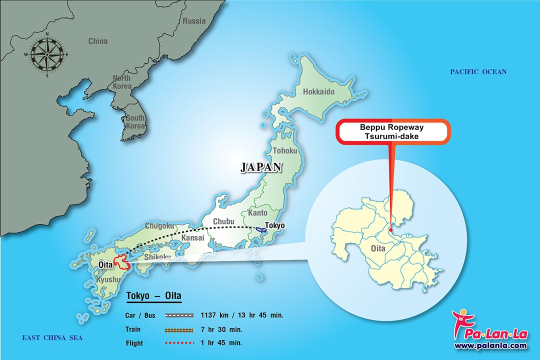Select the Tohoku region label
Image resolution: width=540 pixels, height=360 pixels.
tap(285, 150)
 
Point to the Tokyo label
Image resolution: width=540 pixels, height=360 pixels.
tap(275, 225)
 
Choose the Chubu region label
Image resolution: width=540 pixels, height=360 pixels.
tap(223, 221)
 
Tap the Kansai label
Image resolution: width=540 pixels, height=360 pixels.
tap(192, 238)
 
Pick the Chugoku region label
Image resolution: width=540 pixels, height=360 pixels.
tap(159, 226)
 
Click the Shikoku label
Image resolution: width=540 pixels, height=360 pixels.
tap(157, 257)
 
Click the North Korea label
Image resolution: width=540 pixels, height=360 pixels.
tap(121, 82)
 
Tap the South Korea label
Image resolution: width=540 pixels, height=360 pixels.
tap(135, 121)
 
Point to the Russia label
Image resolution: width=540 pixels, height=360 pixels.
tap(194, 21)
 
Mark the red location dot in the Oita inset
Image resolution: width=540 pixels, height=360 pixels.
tap(390, 230)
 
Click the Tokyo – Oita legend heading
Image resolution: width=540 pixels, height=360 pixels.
tap(153, 296)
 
